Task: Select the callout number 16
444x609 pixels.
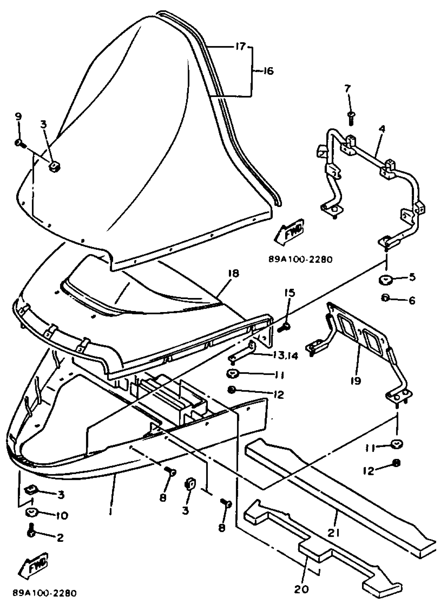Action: tap(267, 72)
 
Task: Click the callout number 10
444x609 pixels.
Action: tap(62, 515)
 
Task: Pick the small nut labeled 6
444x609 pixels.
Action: tap(386, 298)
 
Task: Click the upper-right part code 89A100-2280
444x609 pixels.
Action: tap(300, 259)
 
